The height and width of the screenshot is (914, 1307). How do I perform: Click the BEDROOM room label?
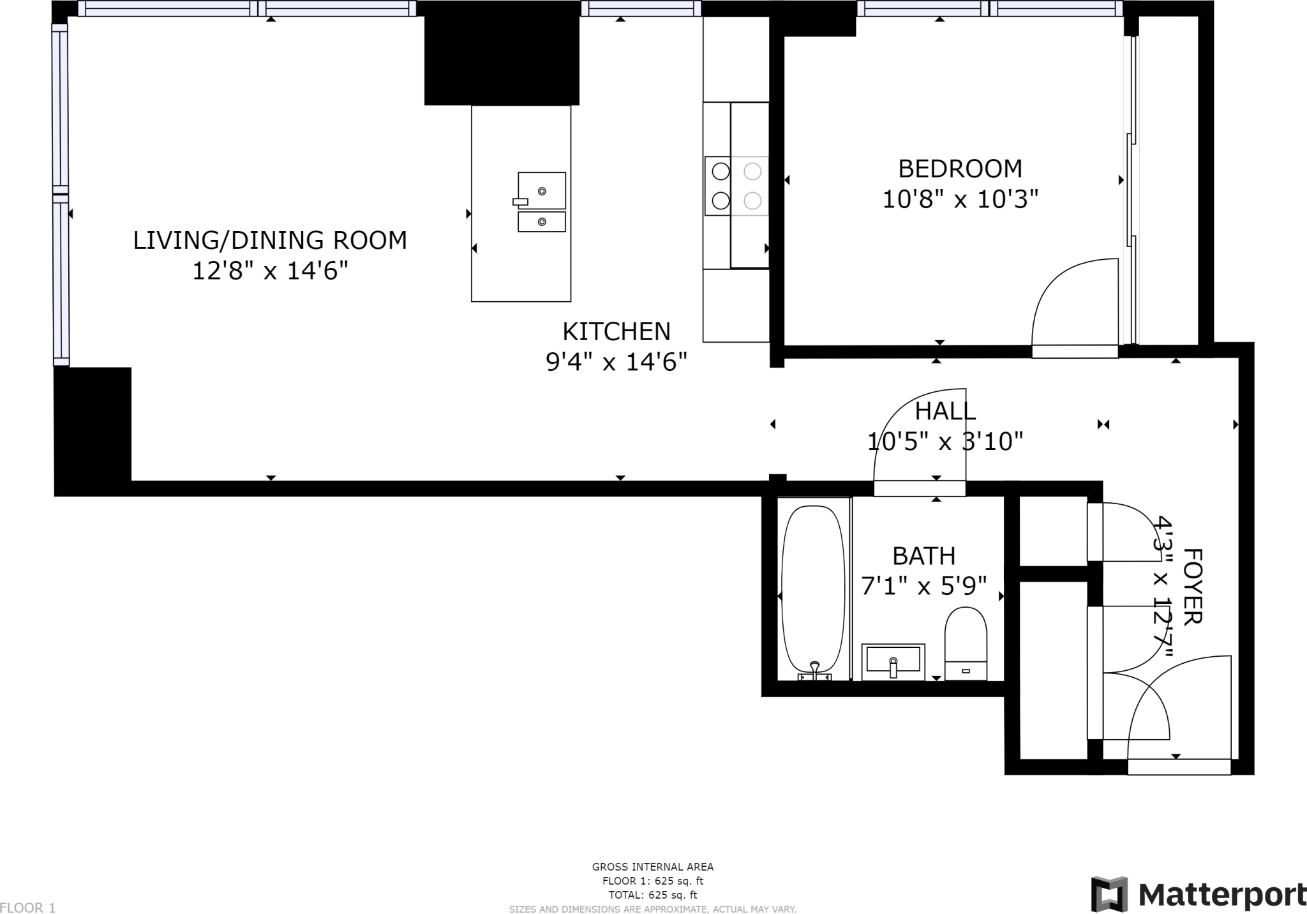click(960, 169)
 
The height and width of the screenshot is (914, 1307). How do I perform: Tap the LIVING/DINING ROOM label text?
click(270, 241)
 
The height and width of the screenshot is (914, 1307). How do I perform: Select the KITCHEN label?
click(616, 332)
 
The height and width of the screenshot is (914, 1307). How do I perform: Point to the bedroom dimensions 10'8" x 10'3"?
click(960, 199)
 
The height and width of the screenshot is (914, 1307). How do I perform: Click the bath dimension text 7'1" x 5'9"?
click(924, 585)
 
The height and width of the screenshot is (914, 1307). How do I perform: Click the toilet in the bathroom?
click(966, 643)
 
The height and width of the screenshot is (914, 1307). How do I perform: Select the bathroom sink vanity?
click(893, 663)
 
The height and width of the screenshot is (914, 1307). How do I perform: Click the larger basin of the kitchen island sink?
click(542, 190)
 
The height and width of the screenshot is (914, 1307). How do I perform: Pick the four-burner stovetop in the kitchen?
click(736, 186)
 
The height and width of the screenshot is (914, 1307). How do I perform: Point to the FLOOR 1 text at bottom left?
click(28, 908)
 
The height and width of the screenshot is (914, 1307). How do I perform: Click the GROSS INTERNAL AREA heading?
click(653, 867)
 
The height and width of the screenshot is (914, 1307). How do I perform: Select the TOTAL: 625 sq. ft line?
click(653, 895)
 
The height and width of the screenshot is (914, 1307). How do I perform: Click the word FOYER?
click(1193, 587)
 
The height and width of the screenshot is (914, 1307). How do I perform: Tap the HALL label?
click(946, 412)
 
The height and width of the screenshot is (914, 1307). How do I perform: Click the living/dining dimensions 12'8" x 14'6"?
click(270, 271)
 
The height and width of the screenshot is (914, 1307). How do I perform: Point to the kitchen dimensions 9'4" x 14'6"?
click(616, 363)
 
